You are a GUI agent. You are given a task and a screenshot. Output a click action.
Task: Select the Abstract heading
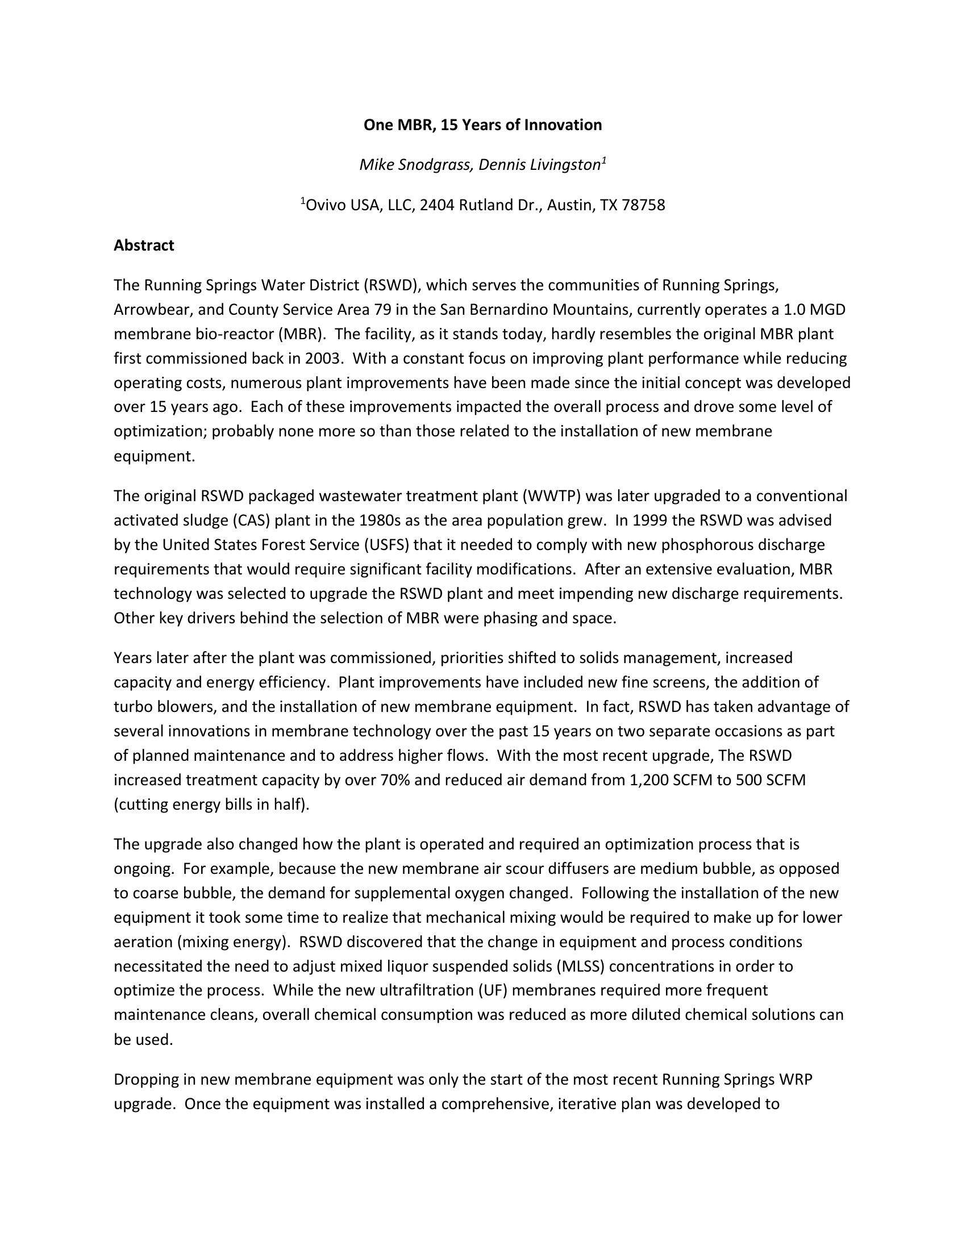coord(144,245)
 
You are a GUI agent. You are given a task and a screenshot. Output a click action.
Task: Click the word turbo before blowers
coord(132,707)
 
